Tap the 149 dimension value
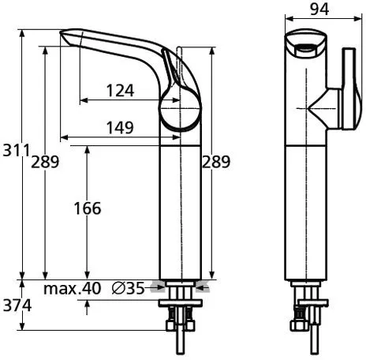click(118, 127)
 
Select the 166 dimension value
click(87, 208)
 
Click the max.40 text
click(72, 289)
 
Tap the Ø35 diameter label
click(128, 289)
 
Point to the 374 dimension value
click(13, 304)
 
